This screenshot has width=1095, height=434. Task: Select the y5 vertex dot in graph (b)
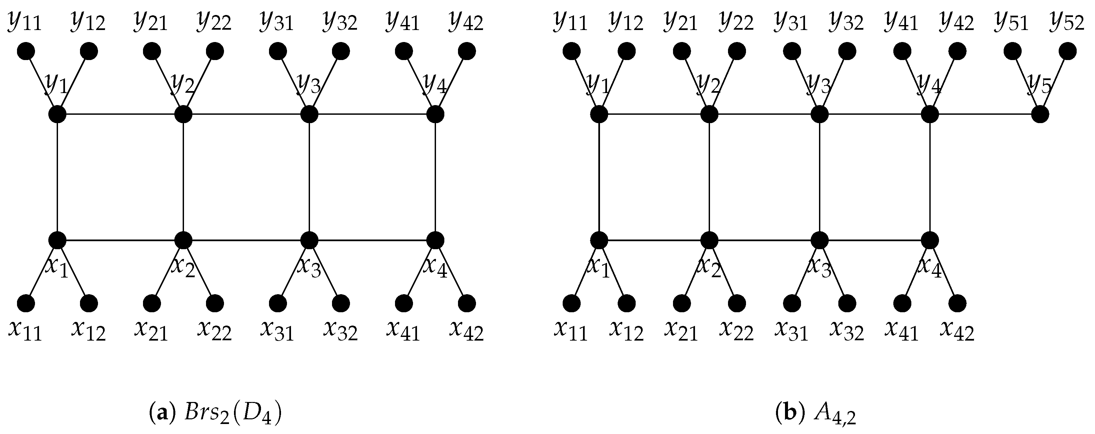coord(1040,114)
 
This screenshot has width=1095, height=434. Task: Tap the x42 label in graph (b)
coord(957,331)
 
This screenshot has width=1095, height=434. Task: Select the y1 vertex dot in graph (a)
coord(57,114)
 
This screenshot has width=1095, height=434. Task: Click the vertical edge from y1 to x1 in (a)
coord(57,177)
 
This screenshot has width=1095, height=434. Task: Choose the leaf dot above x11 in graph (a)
coord(26,303)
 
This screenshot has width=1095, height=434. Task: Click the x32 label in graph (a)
coord(340,331)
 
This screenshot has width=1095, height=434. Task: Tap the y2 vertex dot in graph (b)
coord(709,114)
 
